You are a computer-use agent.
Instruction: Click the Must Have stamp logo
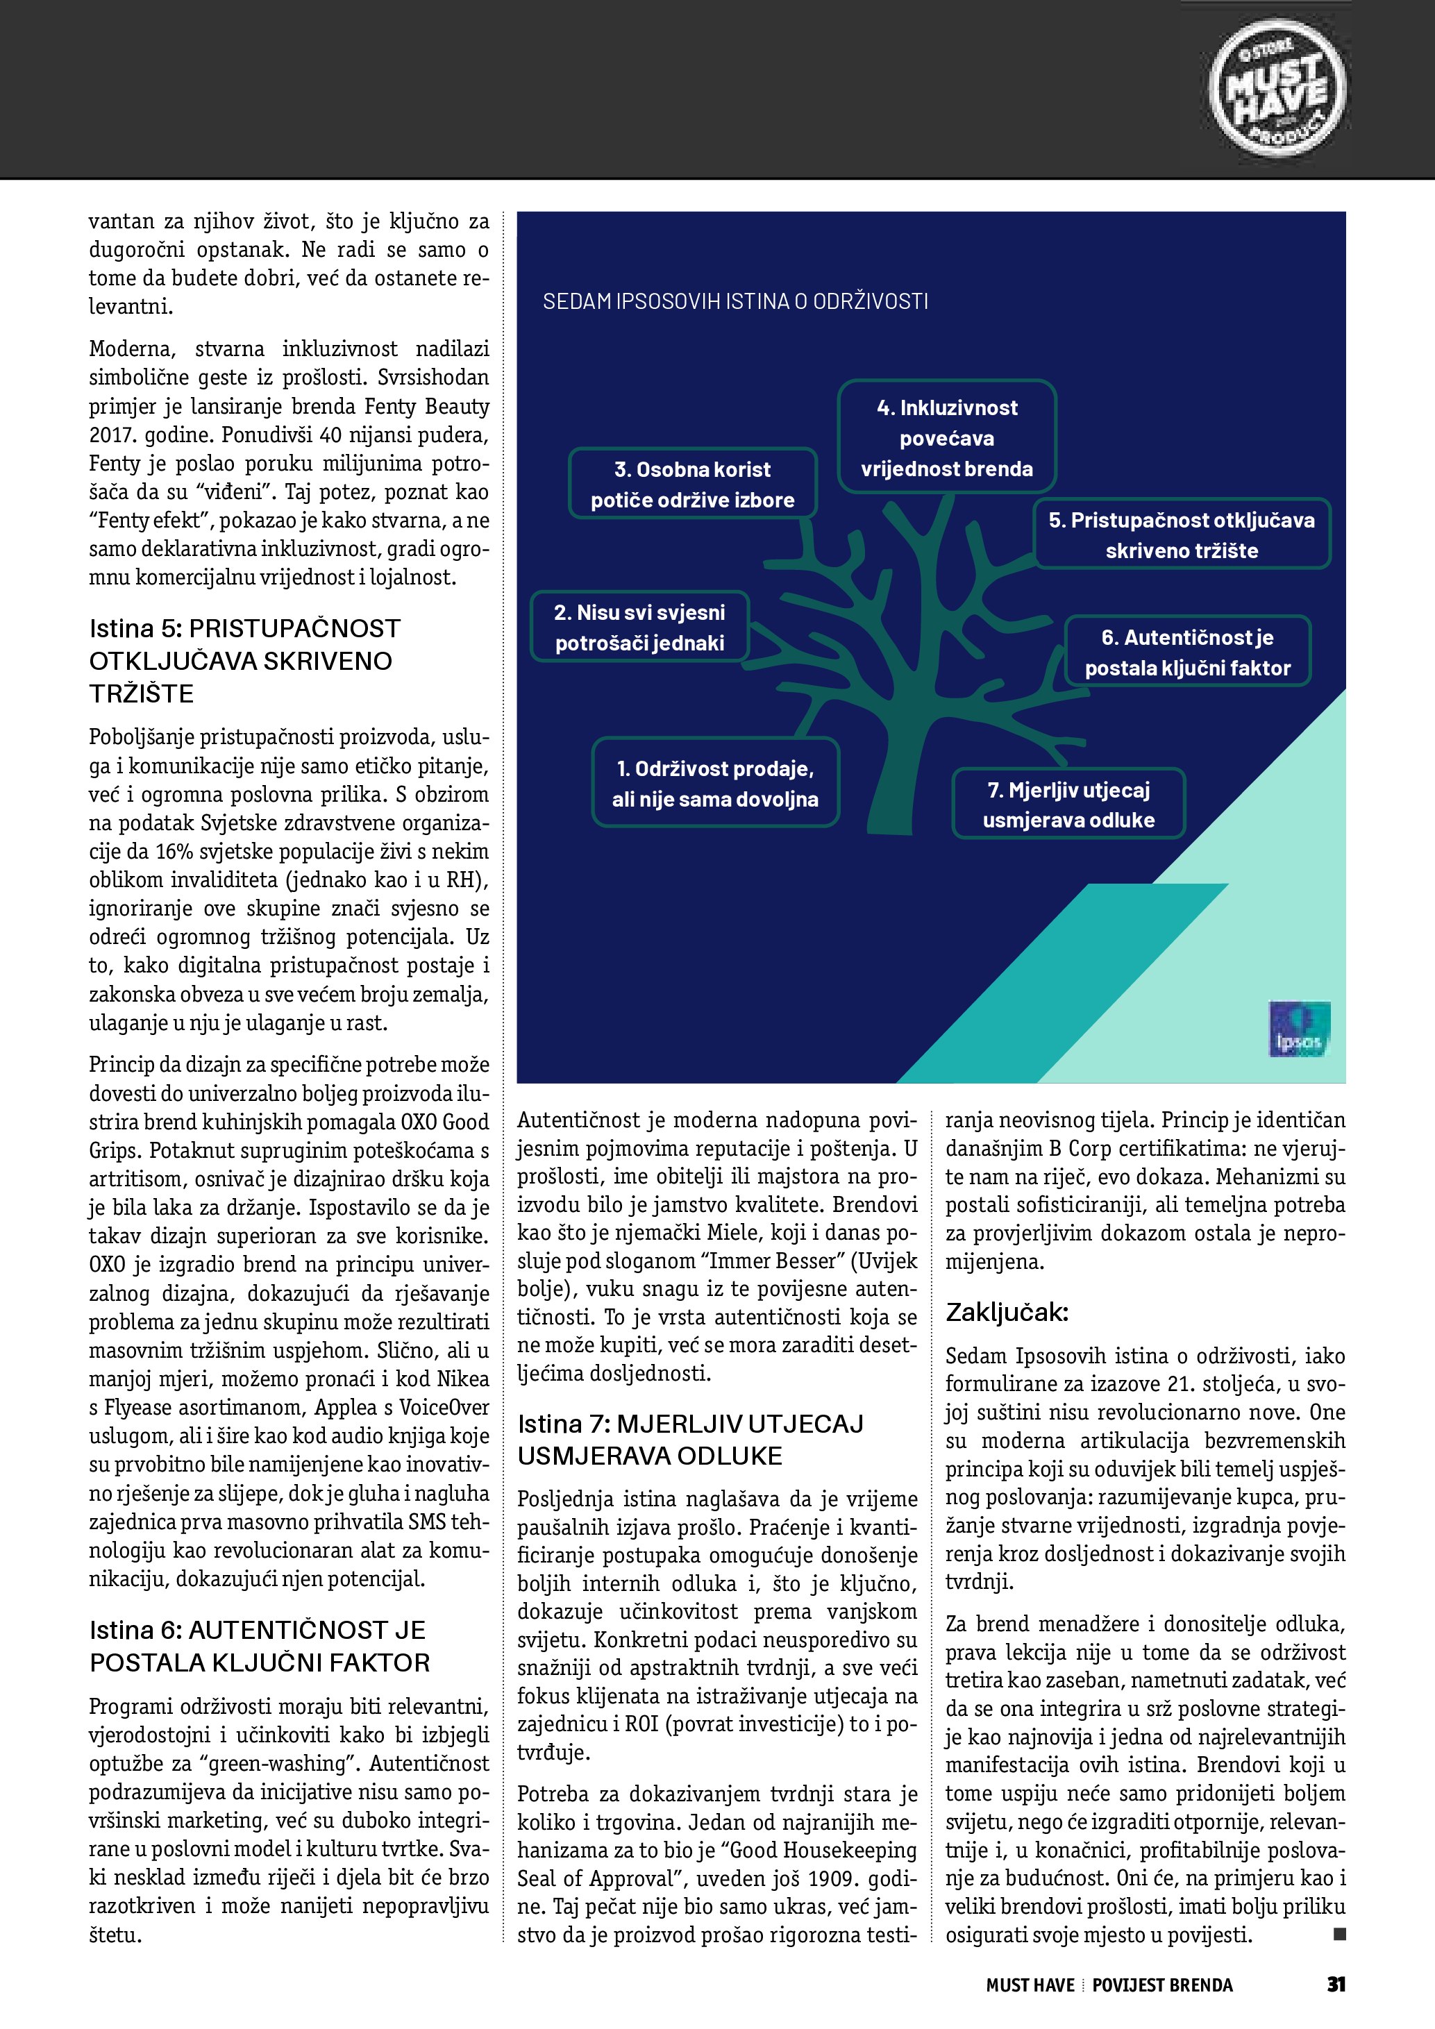point(1277,88)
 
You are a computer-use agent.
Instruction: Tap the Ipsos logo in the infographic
point(1298,1029)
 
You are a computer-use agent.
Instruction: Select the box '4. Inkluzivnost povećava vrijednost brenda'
point(946,437)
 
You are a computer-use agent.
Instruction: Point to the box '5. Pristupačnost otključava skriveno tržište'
point(1182,534)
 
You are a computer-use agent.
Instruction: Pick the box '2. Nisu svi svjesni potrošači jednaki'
point(639,628)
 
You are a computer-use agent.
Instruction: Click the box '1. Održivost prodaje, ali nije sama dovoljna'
point(715,783)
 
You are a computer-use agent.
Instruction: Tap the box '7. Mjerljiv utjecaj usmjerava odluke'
point(1068,805)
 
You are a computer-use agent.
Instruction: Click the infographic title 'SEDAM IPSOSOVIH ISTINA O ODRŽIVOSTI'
point(735,301)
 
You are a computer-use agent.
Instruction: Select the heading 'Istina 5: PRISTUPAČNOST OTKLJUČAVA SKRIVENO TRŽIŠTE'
point(245,660)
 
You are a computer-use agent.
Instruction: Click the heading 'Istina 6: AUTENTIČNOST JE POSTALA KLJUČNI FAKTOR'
point(260,1645)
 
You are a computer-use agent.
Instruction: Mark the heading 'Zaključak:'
point(1007,1313)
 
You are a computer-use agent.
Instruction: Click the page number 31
point(1335,1984)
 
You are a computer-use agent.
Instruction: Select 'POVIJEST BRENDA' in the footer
point(1162,1985)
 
